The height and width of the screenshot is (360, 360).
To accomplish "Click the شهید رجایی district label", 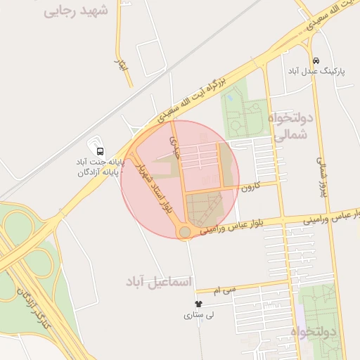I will (77, 11).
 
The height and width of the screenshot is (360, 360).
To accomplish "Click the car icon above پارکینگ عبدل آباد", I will (316, 60).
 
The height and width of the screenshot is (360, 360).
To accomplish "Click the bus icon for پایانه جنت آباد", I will (100, 150).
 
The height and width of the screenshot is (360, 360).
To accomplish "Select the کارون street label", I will (251, 188).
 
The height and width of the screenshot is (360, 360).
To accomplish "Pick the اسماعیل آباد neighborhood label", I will (158, 281).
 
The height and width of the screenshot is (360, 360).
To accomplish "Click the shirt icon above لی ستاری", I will (198, 304).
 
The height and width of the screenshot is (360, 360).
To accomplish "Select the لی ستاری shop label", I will (198, 316).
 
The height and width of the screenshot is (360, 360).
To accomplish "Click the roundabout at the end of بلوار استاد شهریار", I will (184, 232).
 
